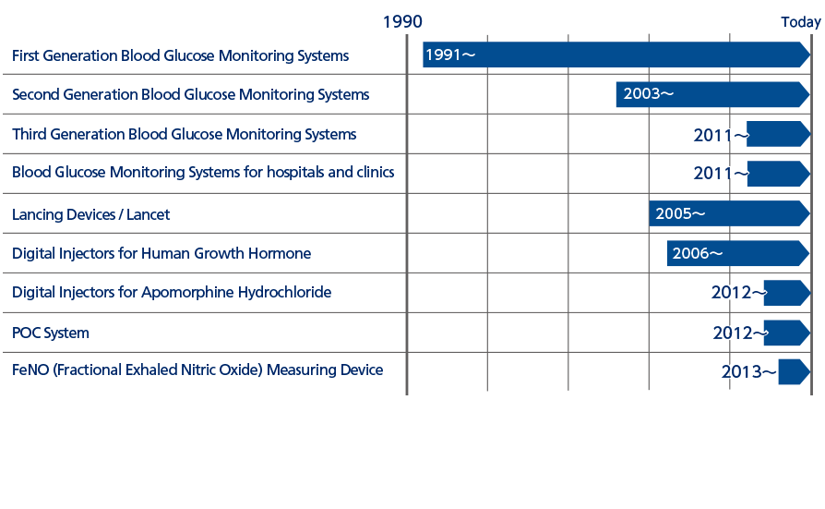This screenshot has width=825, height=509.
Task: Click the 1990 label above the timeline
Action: [402, 21]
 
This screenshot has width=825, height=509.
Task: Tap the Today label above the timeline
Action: [801, 22]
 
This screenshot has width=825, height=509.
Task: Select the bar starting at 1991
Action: [616, 55]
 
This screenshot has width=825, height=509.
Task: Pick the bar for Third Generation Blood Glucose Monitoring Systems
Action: [778, 134]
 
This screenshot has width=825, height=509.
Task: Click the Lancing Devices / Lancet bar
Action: [729, 213]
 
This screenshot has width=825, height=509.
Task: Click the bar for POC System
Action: [786, 333]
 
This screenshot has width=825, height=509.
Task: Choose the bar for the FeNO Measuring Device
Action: [794, 372]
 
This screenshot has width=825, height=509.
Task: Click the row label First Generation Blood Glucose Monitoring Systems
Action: [181, 55]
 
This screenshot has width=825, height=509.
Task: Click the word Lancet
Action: [148, 214]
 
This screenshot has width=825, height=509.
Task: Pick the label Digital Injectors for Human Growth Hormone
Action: [161, 253]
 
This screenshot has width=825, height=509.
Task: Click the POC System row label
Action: [51, 333]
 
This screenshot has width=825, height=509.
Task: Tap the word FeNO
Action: [30, 370]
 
